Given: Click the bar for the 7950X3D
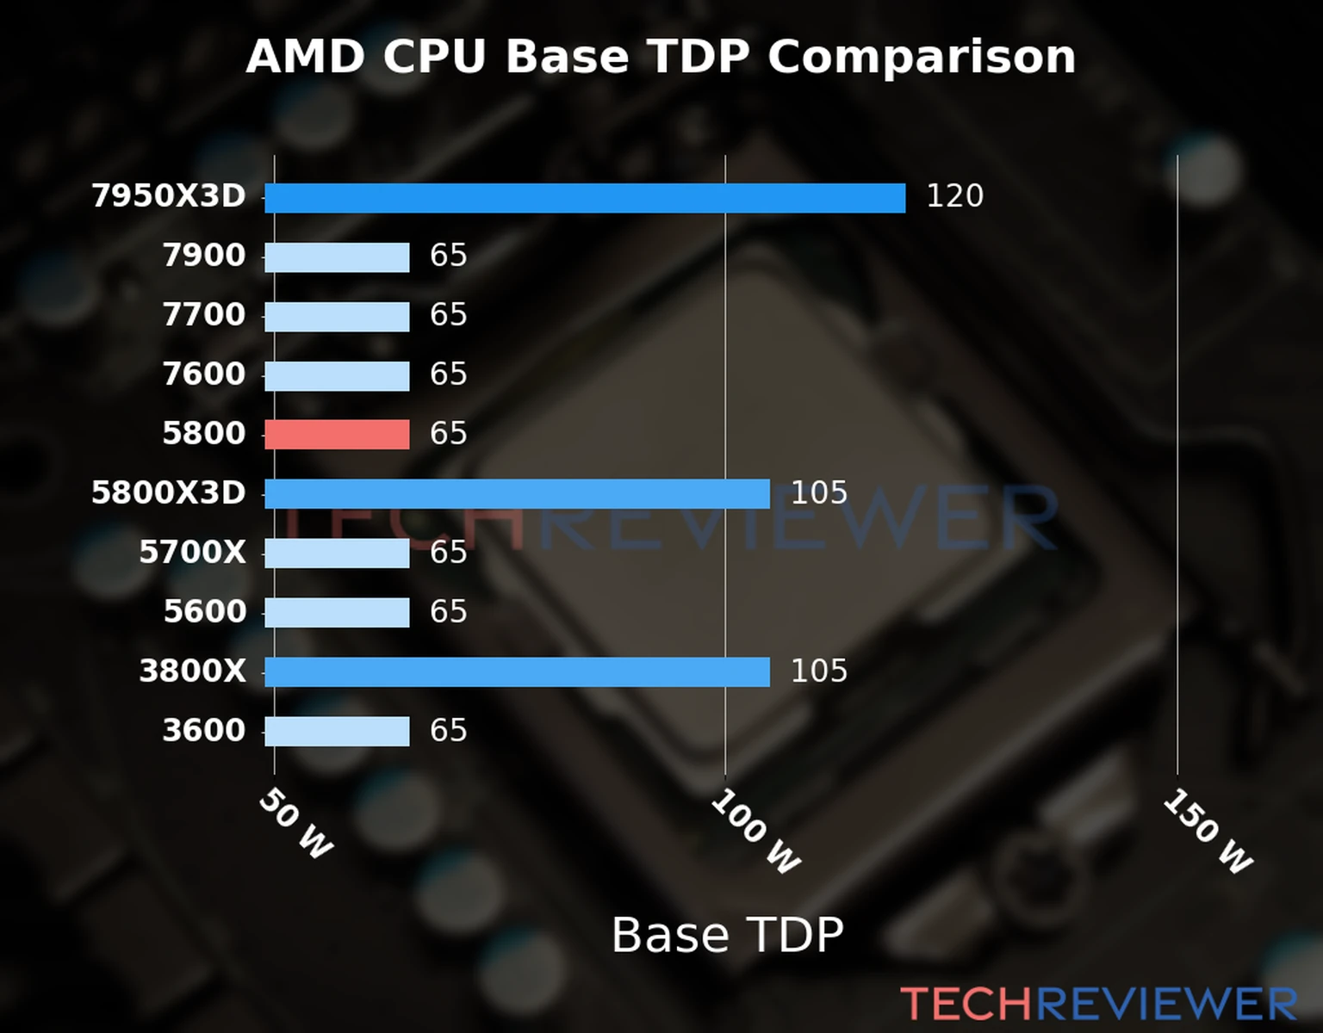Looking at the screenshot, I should tap(585, 198).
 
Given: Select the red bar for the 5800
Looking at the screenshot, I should tap(337, 435).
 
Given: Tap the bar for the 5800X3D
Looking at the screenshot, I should tap(517, 494).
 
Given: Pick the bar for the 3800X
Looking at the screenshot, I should tap(517, 672).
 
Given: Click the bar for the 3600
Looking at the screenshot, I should tap(337, 732).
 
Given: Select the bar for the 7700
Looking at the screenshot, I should tap(337, 317).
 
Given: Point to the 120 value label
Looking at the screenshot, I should tap(954, 196).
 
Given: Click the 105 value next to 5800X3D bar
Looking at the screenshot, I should tap(818, 493).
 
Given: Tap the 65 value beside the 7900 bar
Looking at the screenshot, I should tap(448, 256).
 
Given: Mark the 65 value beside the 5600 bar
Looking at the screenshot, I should tap(448, 612).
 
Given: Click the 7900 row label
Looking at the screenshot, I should tap(204, 256).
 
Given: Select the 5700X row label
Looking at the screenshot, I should tap(192, 553).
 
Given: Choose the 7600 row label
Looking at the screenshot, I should tap(204, 374).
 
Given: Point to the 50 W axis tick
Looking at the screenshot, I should tap(295, 824).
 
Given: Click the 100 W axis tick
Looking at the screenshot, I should tap(755, 832).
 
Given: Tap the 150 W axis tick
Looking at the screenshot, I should tap(1208, 832).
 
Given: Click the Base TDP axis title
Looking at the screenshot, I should tap(727, 935).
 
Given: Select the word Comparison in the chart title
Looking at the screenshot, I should tap(921, 57).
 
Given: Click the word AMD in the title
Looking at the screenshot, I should tap(306, 57).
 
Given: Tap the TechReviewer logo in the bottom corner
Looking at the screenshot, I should tap(1098, 1005).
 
